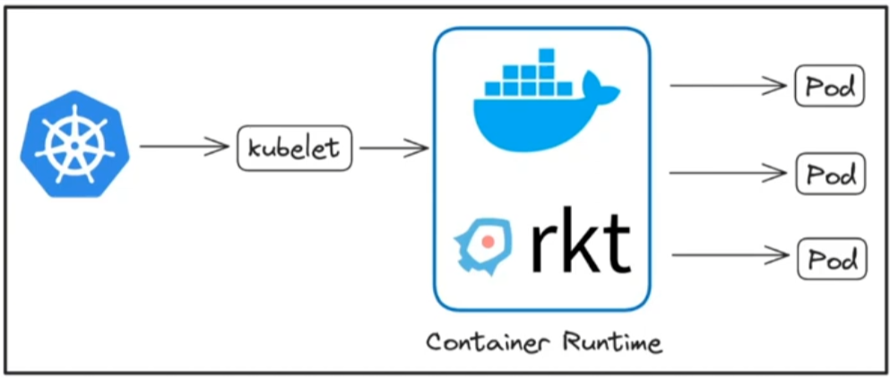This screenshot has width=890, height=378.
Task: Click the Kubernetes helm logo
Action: [75, 144]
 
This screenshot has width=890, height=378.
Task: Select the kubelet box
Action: [294, 148]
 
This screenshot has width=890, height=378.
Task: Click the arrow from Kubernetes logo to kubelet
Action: [185, 146]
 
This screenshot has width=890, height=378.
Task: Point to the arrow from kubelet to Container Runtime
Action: [393, 148]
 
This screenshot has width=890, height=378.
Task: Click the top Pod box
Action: [830, 87]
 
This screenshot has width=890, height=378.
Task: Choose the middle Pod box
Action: [831, 174]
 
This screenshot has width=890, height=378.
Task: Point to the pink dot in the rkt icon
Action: [488, 241]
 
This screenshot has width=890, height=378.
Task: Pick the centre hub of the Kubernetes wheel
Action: [75, 144]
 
